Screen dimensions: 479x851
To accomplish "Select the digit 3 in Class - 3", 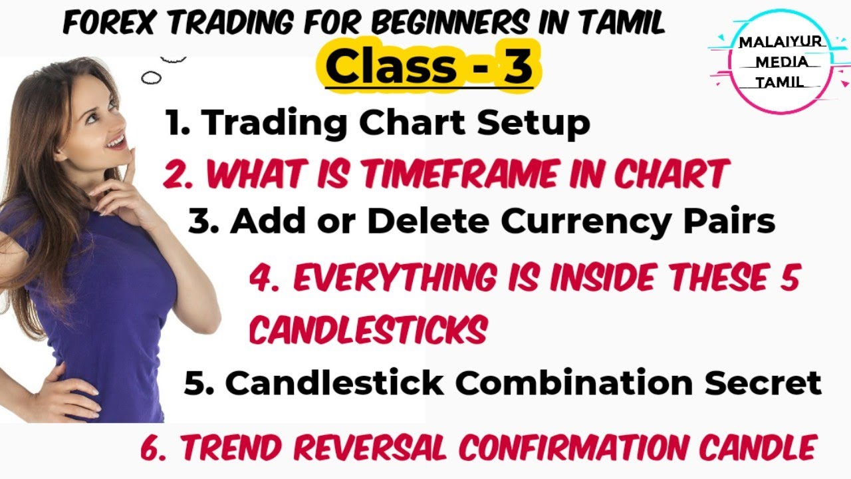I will click(x=517, y=67).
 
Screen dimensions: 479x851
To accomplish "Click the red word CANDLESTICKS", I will click(x=368, y=329).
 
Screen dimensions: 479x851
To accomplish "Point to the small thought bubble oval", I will click(x=152, y=78).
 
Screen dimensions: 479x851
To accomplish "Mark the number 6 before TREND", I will click(x=152, y=447).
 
